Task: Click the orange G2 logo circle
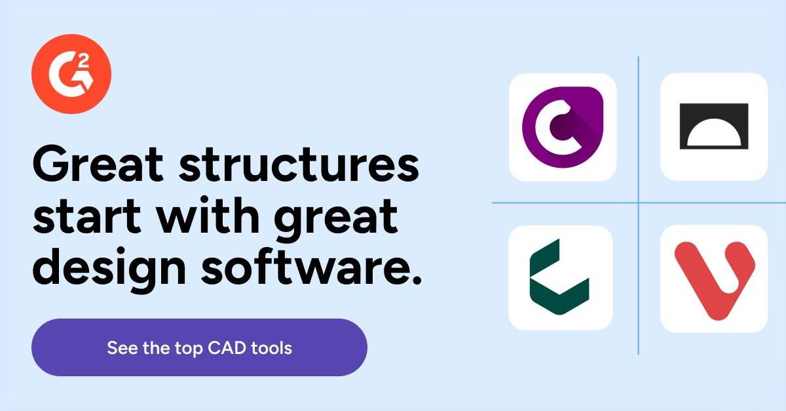[x=71, y=74]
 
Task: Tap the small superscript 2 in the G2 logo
[x=83, y=61]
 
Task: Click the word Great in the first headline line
[x=98, y=164]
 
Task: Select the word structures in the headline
[x=299, y=164]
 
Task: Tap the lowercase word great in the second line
[x=336, y=220]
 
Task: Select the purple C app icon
[x=563, y=127]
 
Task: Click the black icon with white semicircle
[x=714, y=127]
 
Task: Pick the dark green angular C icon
[x=561, y=277]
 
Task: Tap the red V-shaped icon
[x=714, y=279]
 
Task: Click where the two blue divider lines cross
[x=638, y=203]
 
